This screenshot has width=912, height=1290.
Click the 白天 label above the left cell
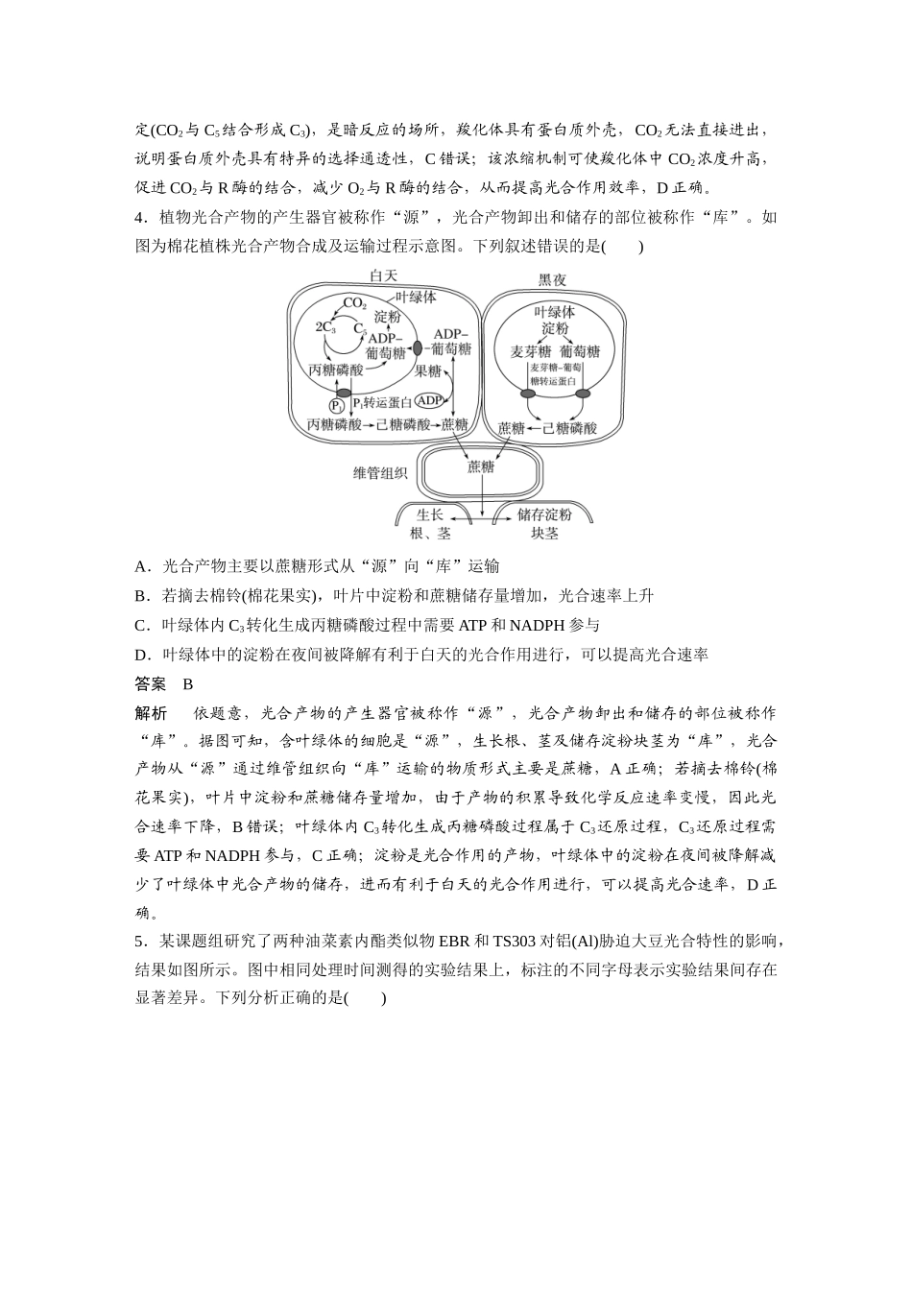point(384,276)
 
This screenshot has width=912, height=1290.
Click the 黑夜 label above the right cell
point(552,280)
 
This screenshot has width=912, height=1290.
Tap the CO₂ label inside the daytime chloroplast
point(354,303)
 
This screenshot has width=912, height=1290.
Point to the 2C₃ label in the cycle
point(325,326)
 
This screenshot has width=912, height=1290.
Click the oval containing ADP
point(430,400)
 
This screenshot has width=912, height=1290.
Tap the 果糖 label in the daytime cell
point(428,370)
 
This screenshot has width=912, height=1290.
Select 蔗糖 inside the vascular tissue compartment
point(481,466)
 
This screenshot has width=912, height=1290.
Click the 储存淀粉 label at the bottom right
point(544,515)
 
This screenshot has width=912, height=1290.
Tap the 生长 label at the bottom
point(429,515)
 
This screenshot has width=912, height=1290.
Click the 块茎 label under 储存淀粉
point(544,534)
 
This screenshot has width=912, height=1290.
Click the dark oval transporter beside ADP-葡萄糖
point(417,346)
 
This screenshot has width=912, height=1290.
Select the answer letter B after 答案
point(188,684)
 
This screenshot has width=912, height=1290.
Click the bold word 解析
point(151,713)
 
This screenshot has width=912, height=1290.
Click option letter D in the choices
point(141,655)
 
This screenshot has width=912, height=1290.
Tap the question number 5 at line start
point(139,941)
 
